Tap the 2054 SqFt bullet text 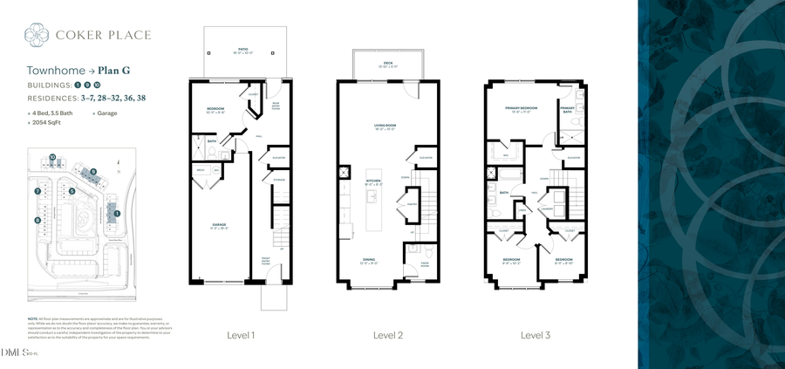point(48,123)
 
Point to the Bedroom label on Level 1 point(215,109)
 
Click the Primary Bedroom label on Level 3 point(521,109)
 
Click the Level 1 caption point(241,335)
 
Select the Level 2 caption point(387,335)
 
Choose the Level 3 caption point(536,335)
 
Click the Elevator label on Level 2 point(426,158)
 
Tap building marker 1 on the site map point(118,212)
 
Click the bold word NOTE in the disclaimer point(32,319)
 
